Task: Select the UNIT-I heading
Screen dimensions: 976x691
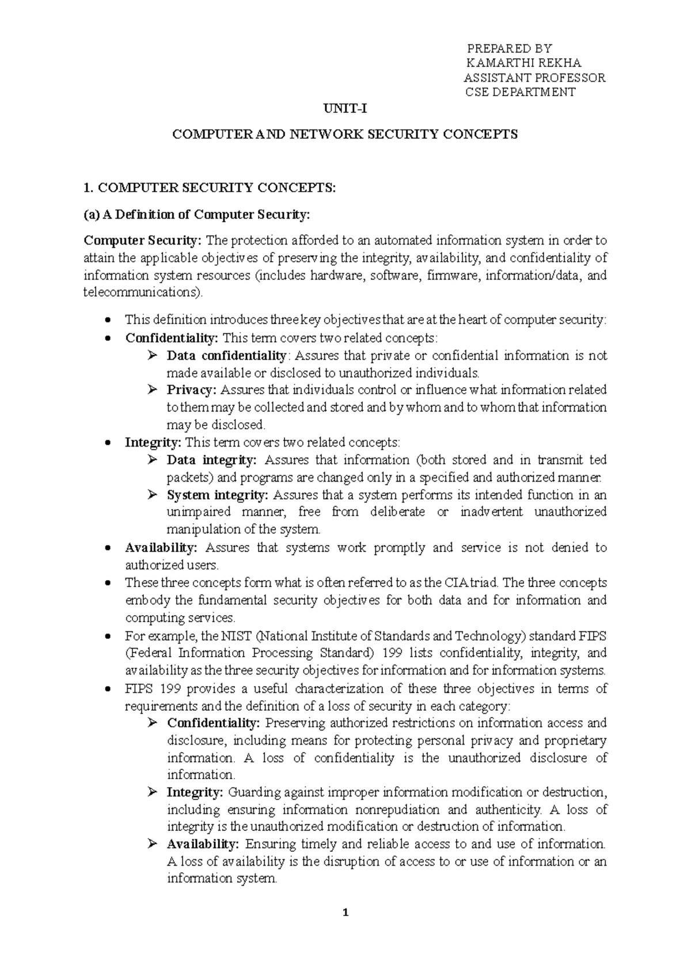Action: (x=345, y=109)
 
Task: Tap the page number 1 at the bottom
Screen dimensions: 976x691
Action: (x=345, y=912)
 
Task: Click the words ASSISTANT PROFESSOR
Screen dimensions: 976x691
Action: (x=534, y=78)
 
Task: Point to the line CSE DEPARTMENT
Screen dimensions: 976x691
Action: (x=520, y=92)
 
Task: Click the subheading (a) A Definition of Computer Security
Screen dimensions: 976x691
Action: (x=197, y=215)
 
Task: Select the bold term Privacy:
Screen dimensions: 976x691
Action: (x=191, y=390)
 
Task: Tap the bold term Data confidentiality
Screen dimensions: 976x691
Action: (x=226, y=356)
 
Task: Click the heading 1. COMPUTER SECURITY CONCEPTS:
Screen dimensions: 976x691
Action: (x=209, y=187)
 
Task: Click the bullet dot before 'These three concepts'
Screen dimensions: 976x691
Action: (x=109, y=584)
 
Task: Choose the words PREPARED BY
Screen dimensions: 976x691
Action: (x=509, y=48)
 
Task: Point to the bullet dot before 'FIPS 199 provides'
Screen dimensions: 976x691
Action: (x=109, y=689)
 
